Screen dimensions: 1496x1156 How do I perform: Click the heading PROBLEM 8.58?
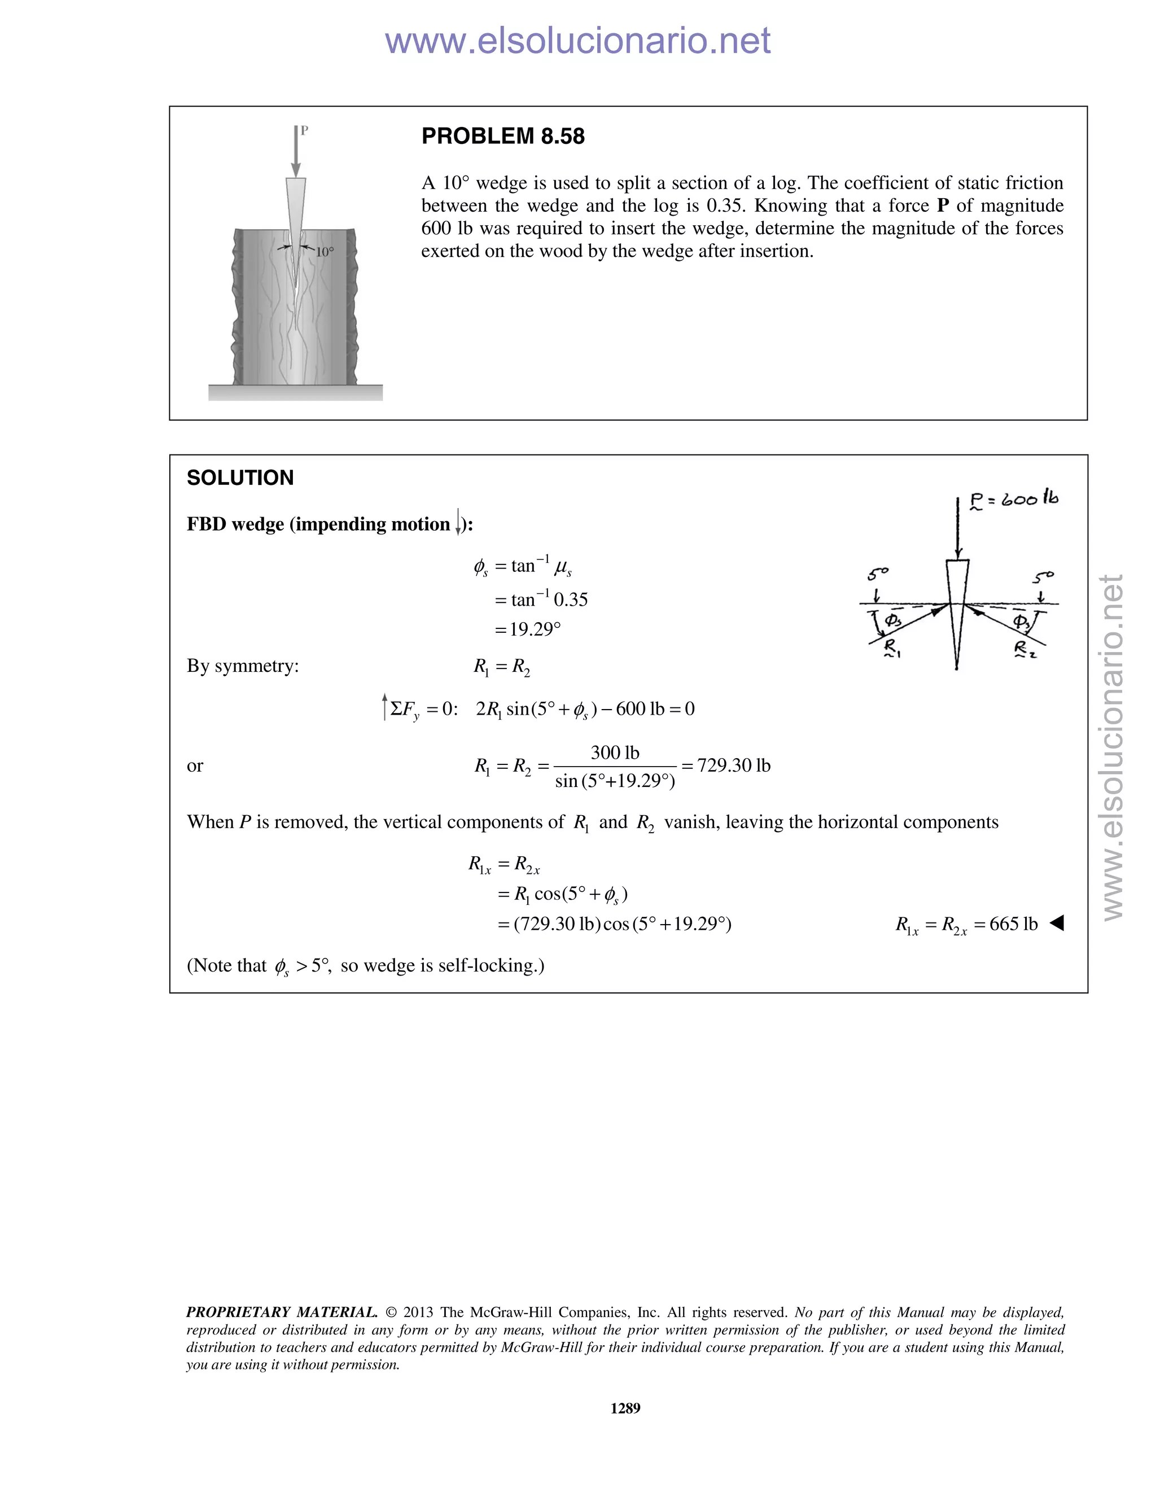[503, 136]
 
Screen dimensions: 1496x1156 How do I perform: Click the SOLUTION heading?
[240, 478]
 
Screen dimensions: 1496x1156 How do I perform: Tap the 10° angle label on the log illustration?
[325, 251]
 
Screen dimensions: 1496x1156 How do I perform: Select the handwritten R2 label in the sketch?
[1024, 649]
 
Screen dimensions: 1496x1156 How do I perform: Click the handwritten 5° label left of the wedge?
[877, 574]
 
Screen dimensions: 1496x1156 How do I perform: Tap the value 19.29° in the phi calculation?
[535, 629]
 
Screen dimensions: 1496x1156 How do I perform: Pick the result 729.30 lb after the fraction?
[733, 766]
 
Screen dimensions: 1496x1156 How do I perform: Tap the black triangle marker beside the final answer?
[1057, 924]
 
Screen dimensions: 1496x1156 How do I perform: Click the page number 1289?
[625, 1408]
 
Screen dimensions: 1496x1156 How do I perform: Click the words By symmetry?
[242, 666]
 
